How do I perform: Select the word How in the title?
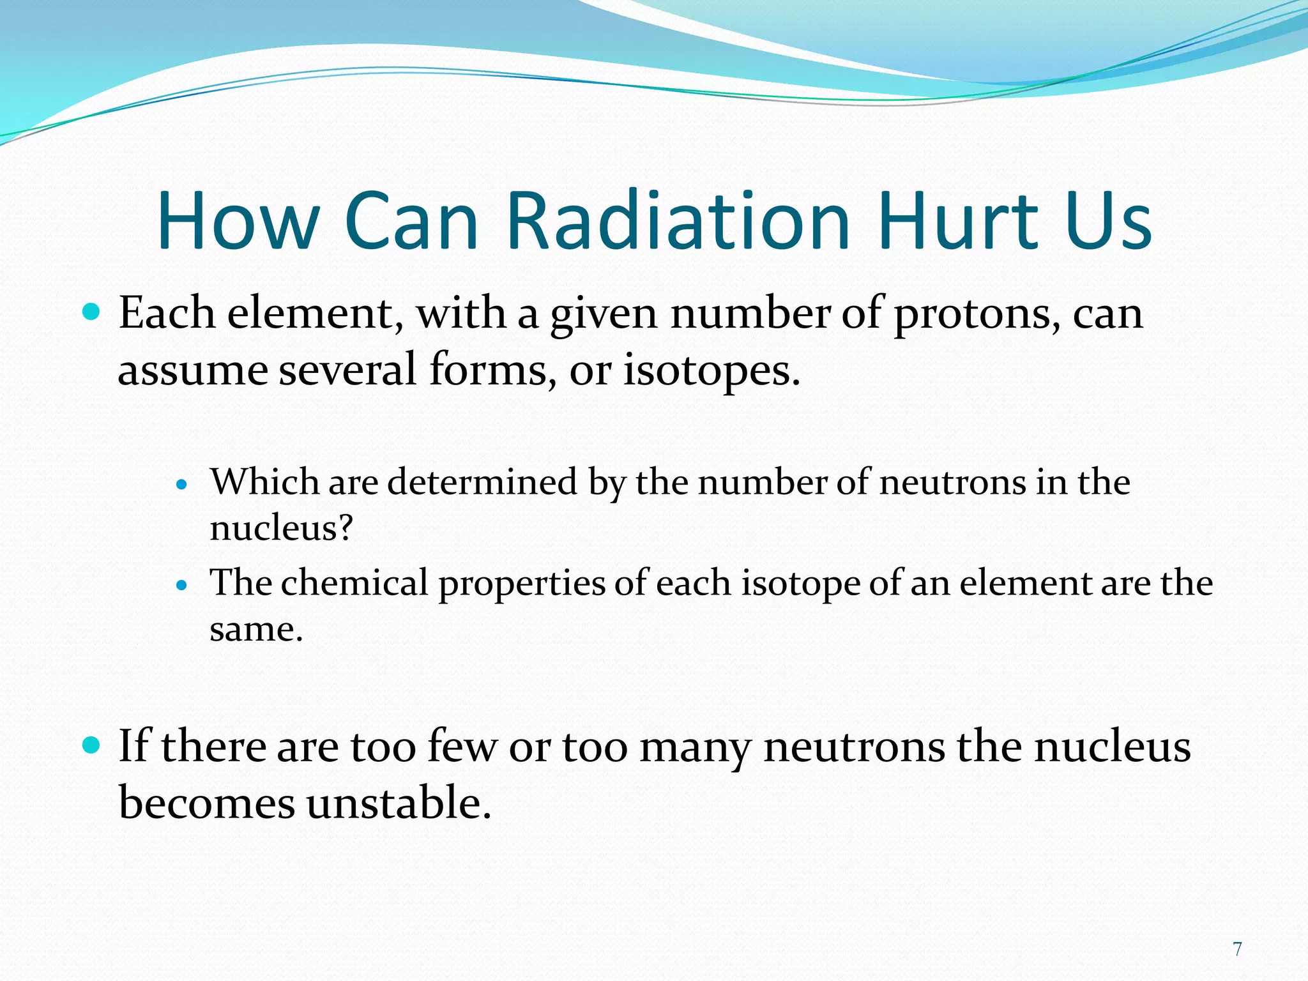click(238, 220)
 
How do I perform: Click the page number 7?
click(1237, 949)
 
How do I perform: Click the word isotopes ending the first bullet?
click(710, 371)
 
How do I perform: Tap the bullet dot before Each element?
click(92, 312)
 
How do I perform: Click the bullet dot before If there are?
click(92, 745)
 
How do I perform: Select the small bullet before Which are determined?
click(182, 485)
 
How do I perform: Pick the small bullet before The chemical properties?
click(182, 585)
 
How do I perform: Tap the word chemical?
click(354, 584)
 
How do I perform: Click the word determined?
click(482, 482)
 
